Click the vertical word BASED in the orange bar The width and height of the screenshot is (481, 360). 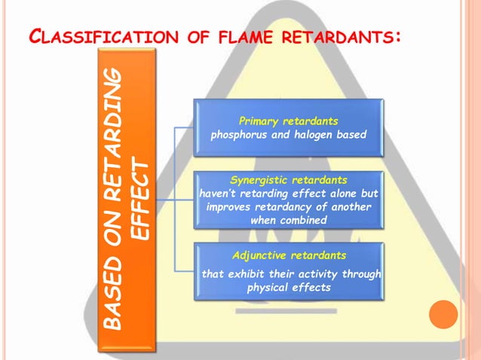[112, 301]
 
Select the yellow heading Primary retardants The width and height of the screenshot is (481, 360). [288, 121]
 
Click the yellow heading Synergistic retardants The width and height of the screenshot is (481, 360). [289, 181]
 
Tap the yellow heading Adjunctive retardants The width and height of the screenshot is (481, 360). [288, 255]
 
